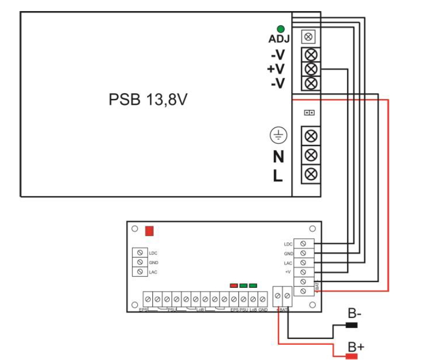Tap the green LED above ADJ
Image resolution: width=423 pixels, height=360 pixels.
tap(281, 28)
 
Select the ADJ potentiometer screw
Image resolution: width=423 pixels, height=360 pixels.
tap(310, 37)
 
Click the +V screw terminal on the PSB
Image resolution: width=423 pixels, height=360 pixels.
tap(311, 69)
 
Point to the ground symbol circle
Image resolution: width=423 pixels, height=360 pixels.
tap(277, 135)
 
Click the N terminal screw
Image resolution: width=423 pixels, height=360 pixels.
tap(311, 154)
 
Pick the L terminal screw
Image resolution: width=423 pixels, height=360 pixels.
tap(311, 173)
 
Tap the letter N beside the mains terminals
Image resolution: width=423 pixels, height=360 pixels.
tap(278, 157)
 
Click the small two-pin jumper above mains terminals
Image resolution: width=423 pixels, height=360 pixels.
tap(310, 113)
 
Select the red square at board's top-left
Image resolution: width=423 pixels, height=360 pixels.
tap(149, 231)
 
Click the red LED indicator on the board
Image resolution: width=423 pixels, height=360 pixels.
tap(234, 285)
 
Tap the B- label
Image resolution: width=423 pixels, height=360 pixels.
tap(354, 314)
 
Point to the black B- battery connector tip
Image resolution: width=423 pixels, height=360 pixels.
tap(351, 325)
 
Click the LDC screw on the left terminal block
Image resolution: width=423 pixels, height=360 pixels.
tap(140, 253)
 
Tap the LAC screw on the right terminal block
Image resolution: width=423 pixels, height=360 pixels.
tap(303, 262)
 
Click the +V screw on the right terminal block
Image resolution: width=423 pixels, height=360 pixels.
tap(303, 272)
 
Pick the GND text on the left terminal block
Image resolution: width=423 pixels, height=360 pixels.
tap(154, 262)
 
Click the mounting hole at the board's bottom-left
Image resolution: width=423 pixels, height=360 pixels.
tap(135, 304)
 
